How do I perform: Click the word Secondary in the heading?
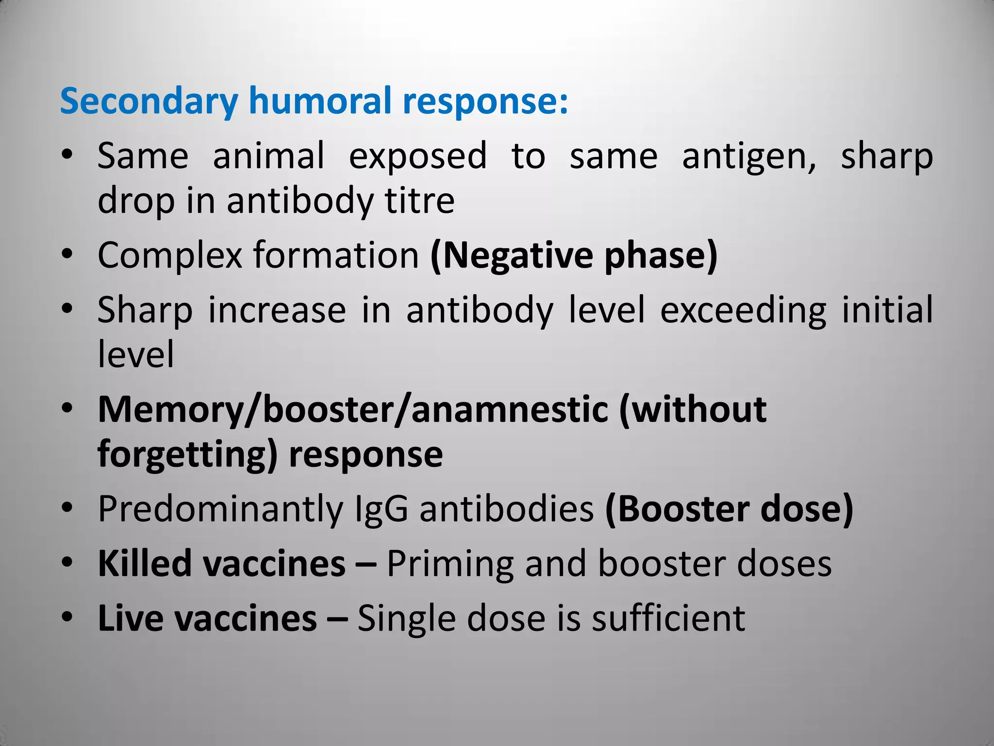[x=149, y=101]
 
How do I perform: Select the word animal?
[x=268, y=156]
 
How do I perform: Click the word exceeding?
[x=743, y=310]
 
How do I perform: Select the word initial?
[x=887, y=309]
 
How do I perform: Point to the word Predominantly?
[x=220, y=509]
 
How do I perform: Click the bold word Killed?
[x=145, y=564]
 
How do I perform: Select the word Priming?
[x=449, y=565]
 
